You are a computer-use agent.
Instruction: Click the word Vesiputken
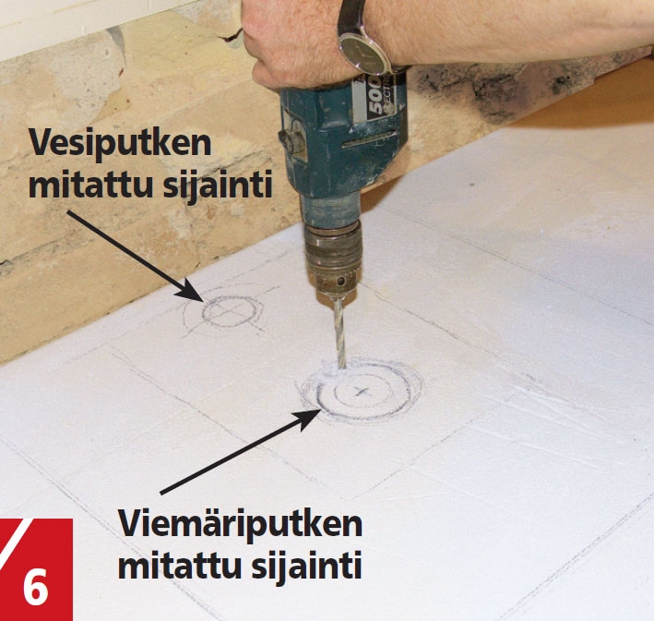pos(120,144)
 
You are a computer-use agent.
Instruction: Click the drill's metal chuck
pos(333,257)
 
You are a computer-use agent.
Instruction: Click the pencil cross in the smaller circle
pos(229,310)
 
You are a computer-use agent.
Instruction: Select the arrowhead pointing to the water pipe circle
pos(191,291)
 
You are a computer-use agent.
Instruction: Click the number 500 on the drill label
pos(376,100)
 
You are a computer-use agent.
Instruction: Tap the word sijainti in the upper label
pos(218,185)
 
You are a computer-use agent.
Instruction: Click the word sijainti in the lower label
pos(306,564)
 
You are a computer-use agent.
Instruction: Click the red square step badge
pos(36,569)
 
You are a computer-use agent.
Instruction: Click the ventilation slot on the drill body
pos(368,139)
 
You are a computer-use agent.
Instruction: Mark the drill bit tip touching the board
pos(343,367)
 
